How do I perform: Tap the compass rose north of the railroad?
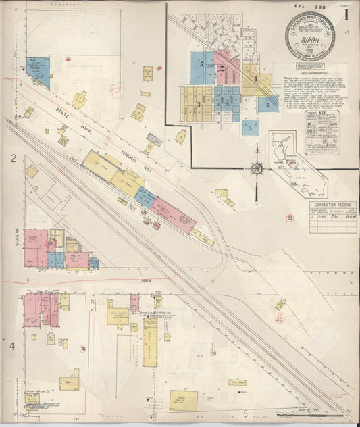coord(257,168)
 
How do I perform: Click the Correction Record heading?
coord(333,203)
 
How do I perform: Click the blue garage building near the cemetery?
coord(38,71)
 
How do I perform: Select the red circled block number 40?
coord(280,320)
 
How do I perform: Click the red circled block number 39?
coord(289,218)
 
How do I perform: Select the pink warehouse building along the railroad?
coord(173,216)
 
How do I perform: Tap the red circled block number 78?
coord(83,349)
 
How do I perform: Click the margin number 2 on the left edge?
coord(12,159)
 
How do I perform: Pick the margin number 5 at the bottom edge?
coord(245,413)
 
